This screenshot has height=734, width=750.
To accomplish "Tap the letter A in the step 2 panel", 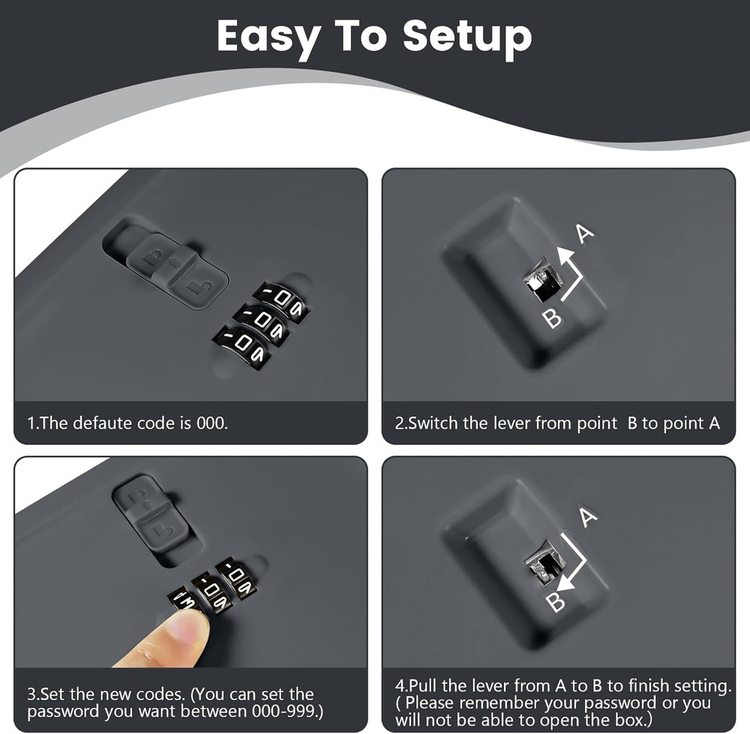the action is click(x=584, y=233).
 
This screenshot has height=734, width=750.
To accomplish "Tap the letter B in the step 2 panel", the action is click(x=553, y=318).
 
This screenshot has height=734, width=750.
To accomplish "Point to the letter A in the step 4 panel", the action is click(x=588, y=517).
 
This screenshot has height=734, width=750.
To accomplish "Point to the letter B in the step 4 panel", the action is click(x=555, y=601).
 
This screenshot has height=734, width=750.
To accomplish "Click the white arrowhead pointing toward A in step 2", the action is click(x=565, y=256).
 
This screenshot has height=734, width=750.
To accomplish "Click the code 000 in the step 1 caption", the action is click(x=212, y=423).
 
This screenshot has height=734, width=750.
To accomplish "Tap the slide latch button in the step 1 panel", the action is click(x=178, y=271).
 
